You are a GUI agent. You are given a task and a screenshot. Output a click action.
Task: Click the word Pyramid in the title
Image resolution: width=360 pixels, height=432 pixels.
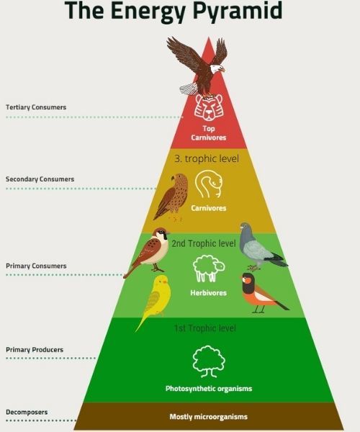coord(237,11)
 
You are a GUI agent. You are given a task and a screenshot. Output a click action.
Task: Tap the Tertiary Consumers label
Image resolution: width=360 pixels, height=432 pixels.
coord(36,107)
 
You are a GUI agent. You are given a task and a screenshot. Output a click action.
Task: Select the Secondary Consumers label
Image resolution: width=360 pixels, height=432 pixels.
coord(40,179)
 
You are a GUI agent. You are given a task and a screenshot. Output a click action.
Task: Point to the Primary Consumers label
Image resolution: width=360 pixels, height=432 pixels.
coord(36,266)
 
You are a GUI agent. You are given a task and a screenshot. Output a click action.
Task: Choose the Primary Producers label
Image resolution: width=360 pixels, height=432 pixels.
coord(35,350)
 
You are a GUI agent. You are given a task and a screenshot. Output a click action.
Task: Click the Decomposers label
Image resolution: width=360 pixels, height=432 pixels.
coord(27,412)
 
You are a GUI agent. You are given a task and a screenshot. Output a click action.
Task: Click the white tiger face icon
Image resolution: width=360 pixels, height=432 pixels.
coord(209,107)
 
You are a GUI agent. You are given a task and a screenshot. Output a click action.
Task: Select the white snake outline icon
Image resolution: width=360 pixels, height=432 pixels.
coord(209,184)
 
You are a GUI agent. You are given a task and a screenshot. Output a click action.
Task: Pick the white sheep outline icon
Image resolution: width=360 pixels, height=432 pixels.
coord(209,269)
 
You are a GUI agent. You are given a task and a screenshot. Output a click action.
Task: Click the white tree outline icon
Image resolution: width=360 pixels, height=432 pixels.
coord(209,361)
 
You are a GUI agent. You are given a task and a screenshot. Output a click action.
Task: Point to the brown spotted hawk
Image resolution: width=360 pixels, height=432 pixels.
coord(171,197)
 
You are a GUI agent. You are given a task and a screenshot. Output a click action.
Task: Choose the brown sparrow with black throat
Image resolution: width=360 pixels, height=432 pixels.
coord(148,252)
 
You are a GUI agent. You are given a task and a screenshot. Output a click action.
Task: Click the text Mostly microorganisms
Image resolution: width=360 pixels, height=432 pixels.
coord(209,417)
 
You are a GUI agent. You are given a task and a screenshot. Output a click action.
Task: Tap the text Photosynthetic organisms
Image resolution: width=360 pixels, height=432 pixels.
coord(209,389)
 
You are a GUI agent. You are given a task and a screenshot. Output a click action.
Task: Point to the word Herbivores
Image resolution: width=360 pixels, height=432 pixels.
coord(209,292)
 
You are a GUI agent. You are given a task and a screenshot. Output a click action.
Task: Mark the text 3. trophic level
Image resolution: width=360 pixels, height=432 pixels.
coord(207,158)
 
